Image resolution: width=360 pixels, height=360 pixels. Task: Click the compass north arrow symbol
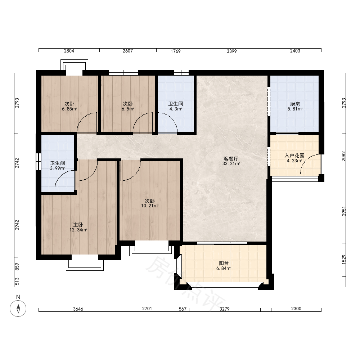(18, 308)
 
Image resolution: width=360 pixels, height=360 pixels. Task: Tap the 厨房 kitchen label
(295, 104)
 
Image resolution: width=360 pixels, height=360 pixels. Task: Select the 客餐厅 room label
(231, 159)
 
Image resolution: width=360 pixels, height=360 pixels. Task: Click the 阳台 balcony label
(224, 263)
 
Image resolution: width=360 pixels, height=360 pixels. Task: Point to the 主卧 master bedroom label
(78, 225)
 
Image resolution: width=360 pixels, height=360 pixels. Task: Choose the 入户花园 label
(294, 156)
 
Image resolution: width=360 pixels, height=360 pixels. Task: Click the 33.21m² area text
(231, 164)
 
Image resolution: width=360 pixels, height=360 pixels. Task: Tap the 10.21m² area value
(150, 206)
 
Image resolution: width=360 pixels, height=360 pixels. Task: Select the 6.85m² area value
(69, 109)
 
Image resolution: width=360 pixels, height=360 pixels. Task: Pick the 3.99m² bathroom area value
(57, 168)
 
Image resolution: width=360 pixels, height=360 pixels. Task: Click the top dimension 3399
(231, 51)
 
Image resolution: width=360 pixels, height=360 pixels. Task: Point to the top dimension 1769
(175, 51)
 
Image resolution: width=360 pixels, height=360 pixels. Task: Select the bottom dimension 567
(183, 309)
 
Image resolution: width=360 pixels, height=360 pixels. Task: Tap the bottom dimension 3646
(78, 309)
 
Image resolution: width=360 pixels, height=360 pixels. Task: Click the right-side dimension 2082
(344, 156)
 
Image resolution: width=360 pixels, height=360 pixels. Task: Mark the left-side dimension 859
(17, 266)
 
